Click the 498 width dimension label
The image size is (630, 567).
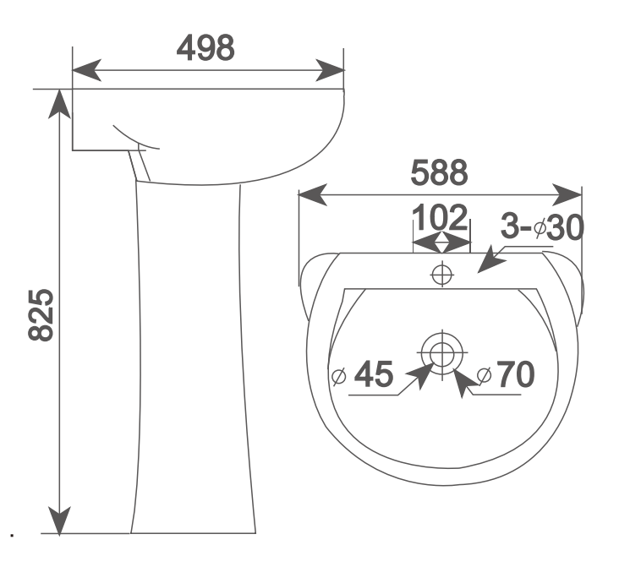(x=205, y=48)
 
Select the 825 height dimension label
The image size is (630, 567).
(x=41, y=315)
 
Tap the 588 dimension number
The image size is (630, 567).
(x=439, y=172)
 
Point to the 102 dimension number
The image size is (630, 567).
(x=440, y=217)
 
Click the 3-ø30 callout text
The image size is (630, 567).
(x=542, y=226)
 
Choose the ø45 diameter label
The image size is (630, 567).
(x=363, y=373)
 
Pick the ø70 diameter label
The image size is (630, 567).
(x=506, y=373)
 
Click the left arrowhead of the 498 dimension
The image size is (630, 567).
(x=86, y=70)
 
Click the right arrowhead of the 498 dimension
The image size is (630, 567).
(x=330, y=70)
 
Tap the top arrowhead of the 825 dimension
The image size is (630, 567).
(x=59, y=104)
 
